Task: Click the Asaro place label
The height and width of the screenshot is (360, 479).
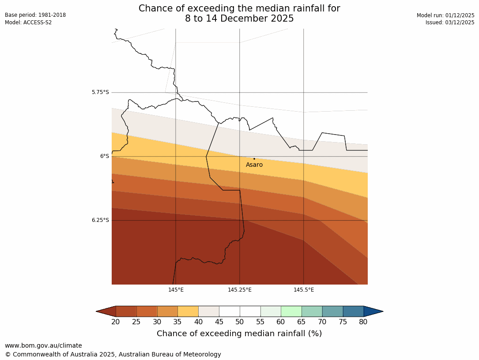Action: (254, 165)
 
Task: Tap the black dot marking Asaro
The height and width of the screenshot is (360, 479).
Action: (254, 159)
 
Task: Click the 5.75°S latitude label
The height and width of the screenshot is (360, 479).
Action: (100, 92)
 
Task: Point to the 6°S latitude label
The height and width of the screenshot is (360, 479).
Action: (104, 156)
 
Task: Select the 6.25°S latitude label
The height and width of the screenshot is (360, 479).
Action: (100, 220)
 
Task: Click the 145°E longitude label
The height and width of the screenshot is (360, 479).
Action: (176, 290)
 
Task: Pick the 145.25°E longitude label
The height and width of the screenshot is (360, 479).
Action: (240, 290)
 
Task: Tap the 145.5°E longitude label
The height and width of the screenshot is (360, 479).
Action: (304, 290)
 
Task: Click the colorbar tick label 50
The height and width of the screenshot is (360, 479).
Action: (240, 322)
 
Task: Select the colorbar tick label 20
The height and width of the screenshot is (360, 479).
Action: (116, 322)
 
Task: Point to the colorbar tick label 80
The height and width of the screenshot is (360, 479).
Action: (363, 322)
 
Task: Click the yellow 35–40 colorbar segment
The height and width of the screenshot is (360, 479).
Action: (188, 311)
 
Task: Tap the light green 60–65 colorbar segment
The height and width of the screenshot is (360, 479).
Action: (291, 311)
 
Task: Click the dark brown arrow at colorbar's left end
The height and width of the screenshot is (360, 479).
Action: (106, 311)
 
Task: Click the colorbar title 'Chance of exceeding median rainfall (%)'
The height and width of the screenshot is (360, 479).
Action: (239, 334)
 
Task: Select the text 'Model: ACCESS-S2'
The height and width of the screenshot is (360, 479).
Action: (28, 22)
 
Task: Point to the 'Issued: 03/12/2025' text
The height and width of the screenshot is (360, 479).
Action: (450, 22)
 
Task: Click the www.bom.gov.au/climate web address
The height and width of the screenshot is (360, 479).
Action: (43, 345)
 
